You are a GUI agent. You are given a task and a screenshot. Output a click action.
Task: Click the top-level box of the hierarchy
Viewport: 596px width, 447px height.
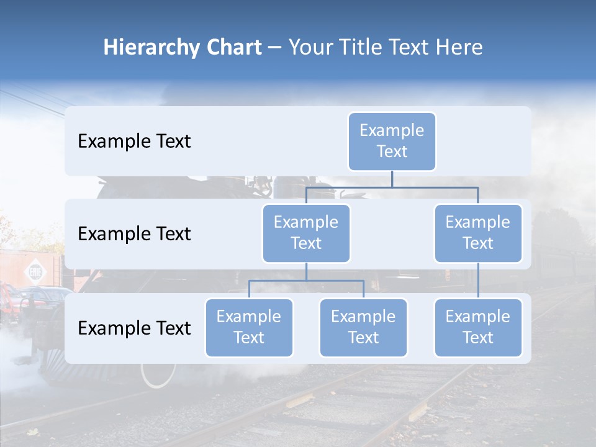[x=392, y=141]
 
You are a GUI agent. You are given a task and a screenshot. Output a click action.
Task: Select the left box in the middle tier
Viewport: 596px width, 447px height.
[x=306, y=233]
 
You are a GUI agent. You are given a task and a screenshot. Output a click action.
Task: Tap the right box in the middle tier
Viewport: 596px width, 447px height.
[x=478, y=233]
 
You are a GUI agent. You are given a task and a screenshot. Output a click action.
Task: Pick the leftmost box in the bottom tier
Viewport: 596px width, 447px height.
[x=249, y=327]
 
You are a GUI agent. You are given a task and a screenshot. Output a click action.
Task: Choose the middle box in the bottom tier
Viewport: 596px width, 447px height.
[x=363, y=327]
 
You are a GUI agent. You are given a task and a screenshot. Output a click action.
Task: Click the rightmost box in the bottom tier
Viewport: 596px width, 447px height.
[x=478, y=327]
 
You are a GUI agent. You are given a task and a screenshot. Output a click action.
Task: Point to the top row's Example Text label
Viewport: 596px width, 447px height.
[x=134, y=141]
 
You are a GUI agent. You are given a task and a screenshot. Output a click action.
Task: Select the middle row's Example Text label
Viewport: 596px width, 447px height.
[x=134, y=233]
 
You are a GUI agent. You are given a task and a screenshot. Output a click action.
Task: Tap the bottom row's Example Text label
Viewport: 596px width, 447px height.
[x=134, y=328]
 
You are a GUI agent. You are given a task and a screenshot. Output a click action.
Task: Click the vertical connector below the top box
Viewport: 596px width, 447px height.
[x=392, y=179]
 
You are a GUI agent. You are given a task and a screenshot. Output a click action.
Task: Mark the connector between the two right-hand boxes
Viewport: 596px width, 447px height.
[x=478, y=281]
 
